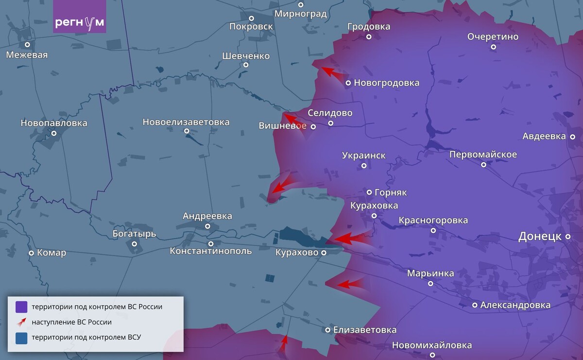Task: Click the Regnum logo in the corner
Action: pyautogui.click(x=79, y=23)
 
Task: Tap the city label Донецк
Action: pyautogui.click(x=540, y=237)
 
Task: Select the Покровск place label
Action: pyautogui.click(x=251, y=26)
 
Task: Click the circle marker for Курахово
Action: pyautogui.click(x=324, y=253)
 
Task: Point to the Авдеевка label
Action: pyautogui.click(x=544, y=136)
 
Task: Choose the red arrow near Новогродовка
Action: pyautogui.click(x=333, y=73)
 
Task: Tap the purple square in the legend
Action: pyautogui.click(x=21, y=307)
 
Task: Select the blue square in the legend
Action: pyautogui.click(x=21, y=338)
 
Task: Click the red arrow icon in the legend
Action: pyautogui.click(x=21, y=322)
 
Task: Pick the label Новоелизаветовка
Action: pyautogui.click(x=186, y=122)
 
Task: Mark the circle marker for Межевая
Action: pyautogui.click(x=28, y=45)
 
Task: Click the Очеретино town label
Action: pyautogui.click(x=493, y=37)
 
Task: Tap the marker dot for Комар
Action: pyautogui.click(x=32, y=253)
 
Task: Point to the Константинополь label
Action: pyautogui.click(x=211, y=251)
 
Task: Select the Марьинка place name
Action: pyautogui.click(x=430, y=274)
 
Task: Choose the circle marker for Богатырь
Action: pyautogui.click(x=135, y=243)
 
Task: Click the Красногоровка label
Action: pyautogui.click(x=433, y=221)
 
